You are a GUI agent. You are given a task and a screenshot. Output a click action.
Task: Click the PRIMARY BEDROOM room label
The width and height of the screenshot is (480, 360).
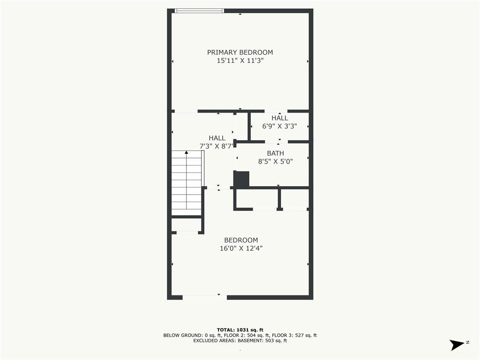[x=240, y=52]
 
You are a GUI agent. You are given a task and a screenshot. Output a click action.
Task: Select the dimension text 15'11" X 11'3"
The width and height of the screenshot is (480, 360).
[x=240, y=60]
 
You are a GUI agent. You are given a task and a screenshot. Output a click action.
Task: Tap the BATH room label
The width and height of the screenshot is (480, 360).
[x=276, y=153]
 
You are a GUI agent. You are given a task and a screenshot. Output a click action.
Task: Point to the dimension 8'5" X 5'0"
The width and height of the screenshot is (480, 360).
[x=276, y=161]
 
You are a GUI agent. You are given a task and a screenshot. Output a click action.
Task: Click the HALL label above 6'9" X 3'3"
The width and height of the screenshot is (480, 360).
[x=279, y=118]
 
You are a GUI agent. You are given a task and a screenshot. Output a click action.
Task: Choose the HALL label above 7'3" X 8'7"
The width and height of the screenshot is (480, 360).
[x=217, y=138]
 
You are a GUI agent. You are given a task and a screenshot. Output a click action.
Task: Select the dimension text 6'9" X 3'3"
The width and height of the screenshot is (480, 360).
[x=279, y=126]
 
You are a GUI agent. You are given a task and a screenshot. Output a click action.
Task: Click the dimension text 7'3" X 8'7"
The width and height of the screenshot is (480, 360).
[x=217, y=146]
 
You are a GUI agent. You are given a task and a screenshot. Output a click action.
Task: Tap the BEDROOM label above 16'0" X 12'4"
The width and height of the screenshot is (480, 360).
[x=241, y=240]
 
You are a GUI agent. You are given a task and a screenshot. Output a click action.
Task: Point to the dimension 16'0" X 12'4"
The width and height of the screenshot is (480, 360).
[x=241, y=248]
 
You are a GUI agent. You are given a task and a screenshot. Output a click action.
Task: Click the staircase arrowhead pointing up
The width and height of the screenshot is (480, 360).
[x=187, y=152]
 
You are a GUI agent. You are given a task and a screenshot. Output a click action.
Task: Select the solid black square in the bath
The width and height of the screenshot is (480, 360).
[x=241, y=179]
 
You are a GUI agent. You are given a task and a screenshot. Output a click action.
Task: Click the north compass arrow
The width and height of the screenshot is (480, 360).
[x=457, y=345]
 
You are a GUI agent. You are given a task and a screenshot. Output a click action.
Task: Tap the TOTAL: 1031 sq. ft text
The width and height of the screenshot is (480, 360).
[x=240, y=330]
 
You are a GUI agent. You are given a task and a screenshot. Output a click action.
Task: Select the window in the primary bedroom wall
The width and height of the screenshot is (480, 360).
[x=199, y=11]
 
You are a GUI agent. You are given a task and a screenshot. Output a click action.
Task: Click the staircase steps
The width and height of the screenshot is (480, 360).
[x=187, y=183]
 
